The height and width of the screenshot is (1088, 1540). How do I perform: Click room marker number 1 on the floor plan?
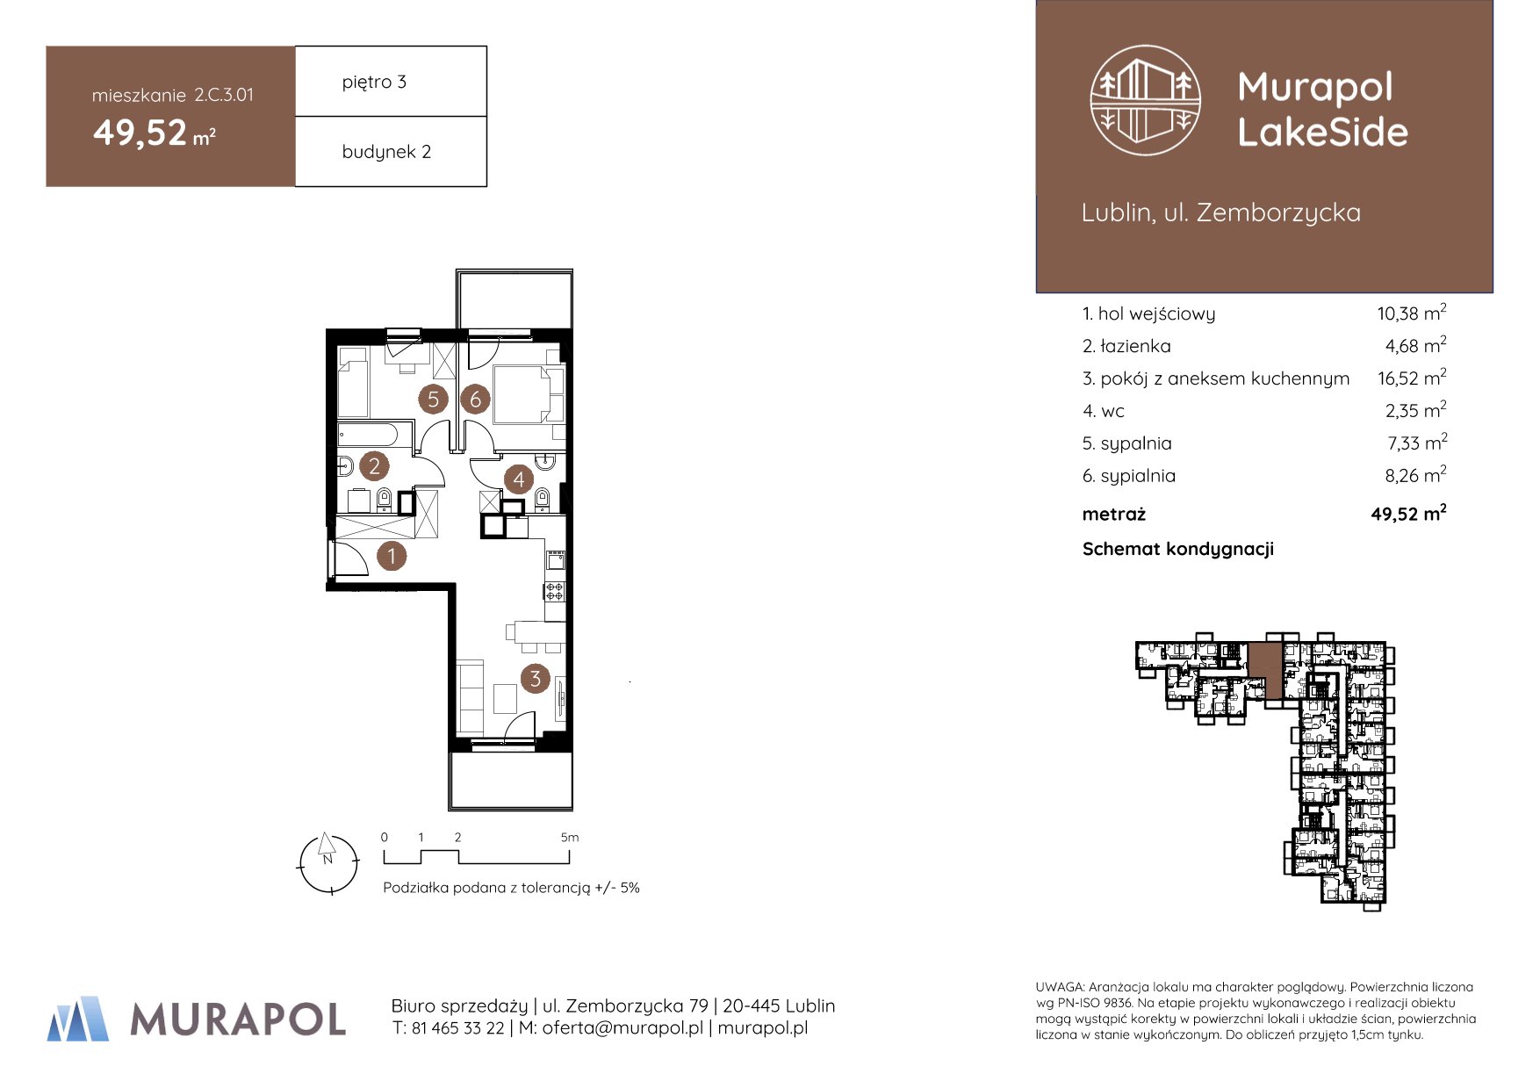392,556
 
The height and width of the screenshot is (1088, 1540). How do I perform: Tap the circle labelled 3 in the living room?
535,678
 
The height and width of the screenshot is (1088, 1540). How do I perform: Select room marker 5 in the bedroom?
433,400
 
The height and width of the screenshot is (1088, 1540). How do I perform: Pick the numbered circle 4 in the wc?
519,479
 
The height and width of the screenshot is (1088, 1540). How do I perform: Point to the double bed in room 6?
528,394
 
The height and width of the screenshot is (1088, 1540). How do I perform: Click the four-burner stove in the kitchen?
555,590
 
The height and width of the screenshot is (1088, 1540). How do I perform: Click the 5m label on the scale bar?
570,838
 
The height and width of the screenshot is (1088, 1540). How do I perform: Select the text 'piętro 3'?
374,83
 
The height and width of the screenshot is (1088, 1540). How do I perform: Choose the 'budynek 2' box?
391,151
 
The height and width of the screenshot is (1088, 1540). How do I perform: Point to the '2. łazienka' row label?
1126,346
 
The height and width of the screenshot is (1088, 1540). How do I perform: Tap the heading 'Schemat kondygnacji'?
1178,550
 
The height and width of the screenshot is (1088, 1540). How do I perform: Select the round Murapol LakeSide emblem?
1146,100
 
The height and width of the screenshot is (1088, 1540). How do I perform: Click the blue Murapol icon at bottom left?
78,1019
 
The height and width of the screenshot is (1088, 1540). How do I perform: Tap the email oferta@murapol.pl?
622,1028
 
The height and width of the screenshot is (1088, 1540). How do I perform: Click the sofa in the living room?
471,697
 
